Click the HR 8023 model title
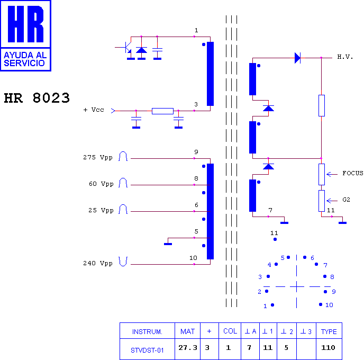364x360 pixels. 37,98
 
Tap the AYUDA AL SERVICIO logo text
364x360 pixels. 25,59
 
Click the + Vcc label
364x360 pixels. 94,110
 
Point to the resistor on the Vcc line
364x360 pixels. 162,111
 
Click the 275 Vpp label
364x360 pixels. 98,157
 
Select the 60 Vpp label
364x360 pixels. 101,184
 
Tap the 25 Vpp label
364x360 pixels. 101,210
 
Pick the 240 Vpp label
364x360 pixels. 98,263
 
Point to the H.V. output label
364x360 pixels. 345,57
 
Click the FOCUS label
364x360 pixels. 353,173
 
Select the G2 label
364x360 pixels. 346,200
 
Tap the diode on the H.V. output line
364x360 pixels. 297,58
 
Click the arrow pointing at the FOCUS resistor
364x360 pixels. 332,174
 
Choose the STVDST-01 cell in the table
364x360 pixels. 147,350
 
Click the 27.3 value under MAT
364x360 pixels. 188,348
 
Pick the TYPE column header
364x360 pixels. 329,331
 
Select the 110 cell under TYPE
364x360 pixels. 328,348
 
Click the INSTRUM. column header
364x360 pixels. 147,331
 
